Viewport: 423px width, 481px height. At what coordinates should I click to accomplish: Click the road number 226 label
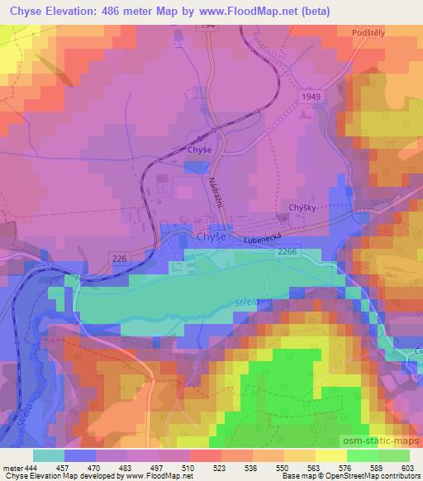pos(121,260)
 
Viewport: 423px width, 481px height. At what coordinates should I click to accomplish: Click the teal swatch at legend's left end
pos(48,455)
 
